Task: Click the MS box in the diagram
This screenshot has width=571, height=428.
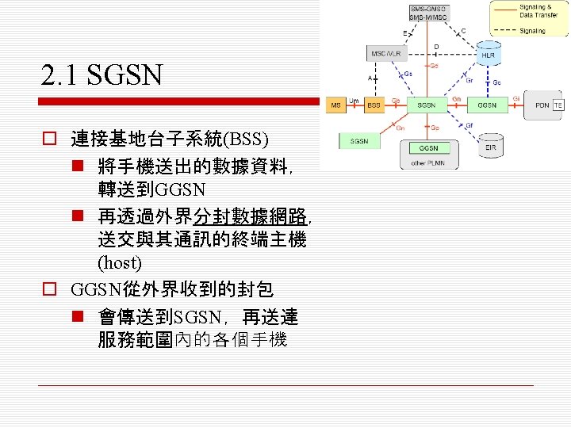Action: [335, 105]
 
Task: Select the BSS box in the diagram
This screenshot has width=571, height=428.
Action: [372, 105]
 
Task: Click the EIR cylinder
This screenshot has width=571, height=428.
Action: [490, 146]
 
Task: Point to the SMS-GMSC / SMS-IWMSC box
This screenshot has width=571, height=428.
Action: [427, 13]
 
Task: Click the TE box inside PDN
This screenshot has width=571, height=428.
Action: [558, 105]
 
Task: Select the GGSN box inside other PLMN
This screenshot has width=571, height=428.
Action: [428, 148]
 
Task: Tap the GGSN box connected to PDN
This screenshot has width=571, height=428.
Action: [487, 105]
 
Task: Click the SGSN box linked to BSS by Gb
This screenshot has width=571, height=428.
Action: [427, 105]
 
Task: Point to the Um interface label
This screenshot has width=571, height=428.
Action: [353, 99]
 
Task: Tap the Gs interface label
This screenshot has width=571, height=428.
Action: [408, 74]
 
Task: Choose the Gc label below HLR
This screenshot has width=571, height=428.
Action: [496, 82]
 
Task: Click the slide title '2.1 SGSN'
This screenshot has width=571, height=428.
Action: [102, 76]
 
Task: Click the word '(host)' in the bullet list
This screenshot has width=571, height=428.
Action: [119, 261]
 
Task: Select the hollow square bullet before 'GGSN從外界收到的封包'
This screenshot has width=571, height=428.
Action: [49, 289]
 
